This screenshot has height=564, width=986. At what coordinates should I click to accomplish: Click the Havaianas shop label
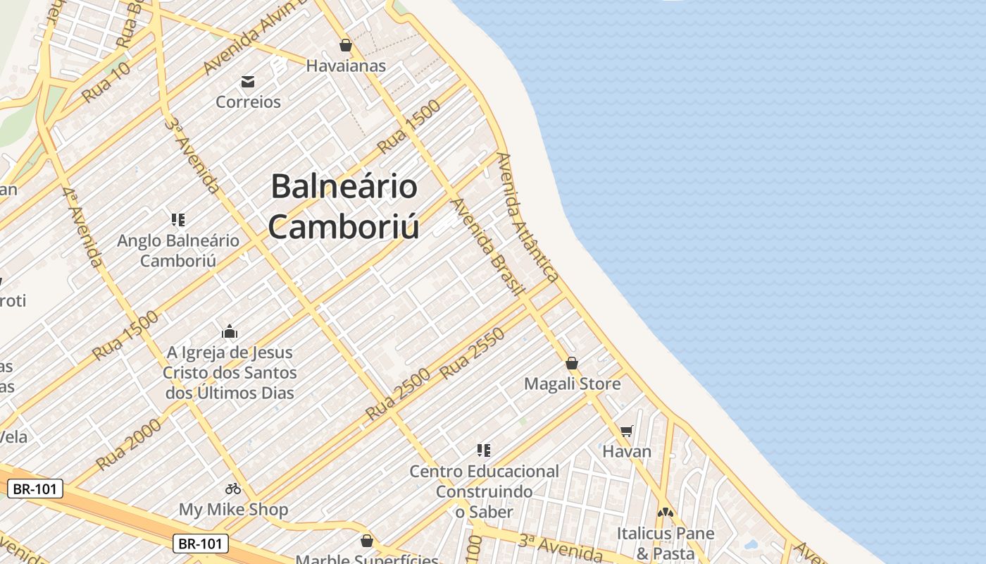346,66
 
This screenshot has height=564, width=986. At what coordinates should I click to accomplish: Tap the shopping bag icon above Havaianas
346,45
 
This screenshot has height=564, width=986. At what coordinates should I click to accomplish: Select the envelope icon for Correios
248,82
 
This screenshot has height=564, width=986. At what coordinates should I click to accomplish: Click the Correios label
248,102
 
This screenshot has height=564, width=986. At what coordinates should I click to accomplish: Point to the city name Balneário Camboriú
344,207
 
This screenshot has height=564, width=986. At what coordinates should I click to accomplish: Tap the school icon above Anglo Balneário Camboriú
178,220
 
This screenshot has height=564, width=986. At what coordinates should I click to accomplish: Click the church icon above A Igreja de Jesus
230,331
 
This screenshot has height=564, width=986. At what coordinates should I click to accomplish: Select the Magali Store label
572,384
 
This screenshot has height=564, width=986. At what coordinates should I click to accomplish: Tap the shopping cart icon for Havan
627,431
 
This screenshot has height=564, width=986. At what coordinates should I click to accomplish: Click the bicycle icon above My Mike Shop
233,489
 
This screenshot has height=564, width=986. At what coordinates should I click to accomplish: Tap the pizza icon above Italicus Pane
666,513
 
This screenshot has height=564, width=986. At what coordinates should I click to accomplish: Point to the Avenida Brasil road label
488,247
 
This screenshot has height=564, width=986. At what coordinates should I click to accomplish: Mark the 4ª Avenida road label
81,227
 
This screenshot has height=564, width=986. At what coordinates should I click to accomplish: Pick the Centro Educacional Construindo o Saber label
484,491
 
